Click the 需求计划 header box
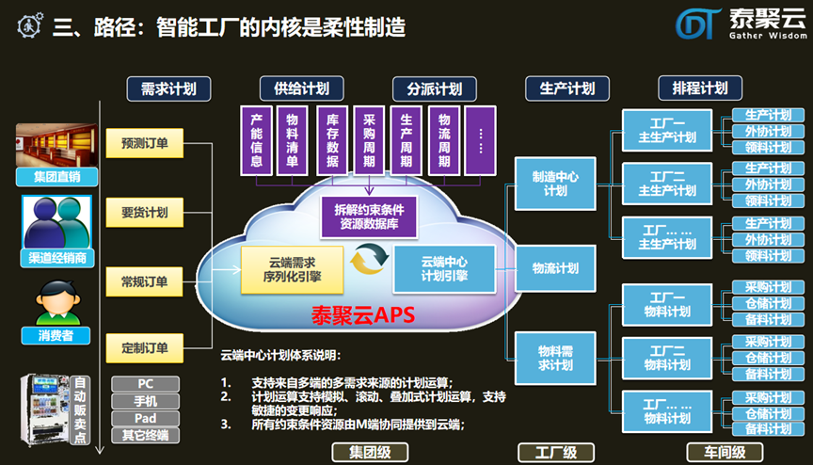(x=167, y=88)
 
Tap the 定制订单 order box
(x=144, y=348)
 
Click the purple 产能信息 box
(x=256, y=139)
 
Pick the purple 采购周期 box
(x=369, y=139)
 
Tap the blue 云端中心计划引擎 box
(x=444, y=268)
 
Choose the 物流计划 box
(x=555, y=268)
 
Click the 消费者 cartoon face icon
(x=54, y=303)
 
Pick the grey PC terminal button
(x=145, y=384)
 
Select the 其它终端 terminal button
(x=145, y=435)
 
